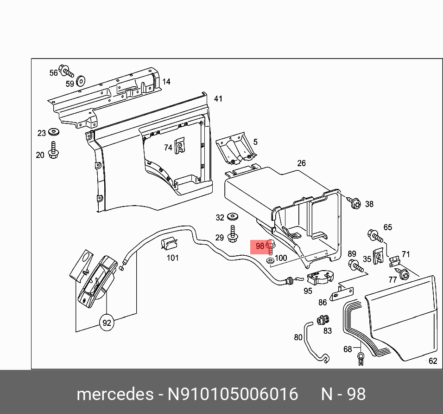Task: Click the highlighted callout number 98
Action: [259, 246]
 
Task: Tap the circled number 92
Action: [107, 323]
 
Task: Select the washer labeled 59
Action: [81, 81]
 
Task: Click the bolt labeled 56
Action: [68, 72]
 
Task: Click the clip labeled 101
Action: [170, 244]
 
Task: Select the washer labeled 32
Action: [233, 217]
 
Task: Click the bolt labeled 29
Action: [233, 235]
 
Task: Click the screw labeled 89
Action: [354, 266]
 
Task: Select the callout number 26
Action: [302, 163]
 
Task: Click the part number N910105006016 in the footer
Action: [232, 395]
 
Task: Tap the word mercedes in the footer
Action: [115, 395]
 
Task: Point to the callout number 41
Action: [218, 99]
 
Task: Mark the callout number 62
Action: [432, 361]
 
